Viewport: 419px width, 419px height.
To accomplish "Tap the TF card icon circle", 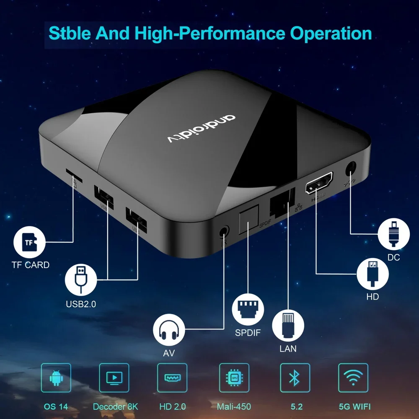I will pyautogui.click(x=29, y=243).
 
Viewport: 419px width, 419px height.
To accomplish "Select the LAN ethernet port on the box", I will pyautogui.click(x=282, y=201).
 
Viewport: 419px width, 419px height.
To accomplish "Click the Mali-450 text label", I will pyautogui.click(x=234, y=406).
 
